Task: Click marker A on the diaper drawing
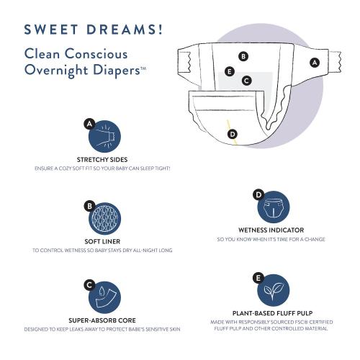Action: [x=314, y=63]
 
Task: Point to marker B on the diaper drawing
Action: [x=243, y=55]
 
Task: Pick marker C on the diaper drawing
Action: [x=246, y=81]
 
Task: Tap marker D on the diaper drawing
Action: [x=232, y=133]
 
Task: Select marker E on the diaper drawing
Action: [x=229, y=71]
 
